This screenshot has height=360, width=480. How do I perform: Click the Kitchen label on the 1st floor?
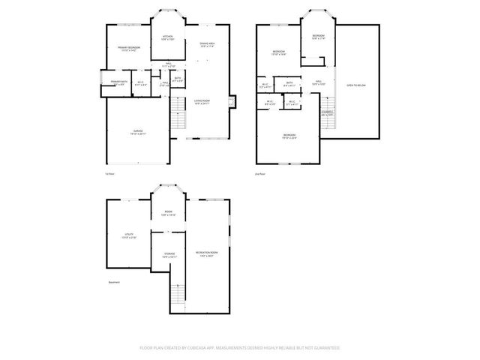click(168, 37)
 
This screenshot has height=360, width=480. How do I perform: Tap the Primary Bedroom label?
click(128, 49)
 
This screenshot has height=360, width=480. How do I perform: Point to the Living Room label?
click(202, 100)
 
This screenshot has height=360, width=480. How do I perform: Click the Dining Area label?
click(208, 44)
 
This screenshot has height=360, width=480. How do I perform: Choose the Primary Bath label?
click(118, 82)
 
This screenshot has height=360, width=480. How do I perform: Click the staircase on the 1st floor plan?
click(177, 115)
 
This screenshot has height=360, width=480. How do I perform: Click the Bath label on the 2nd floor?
click(289, 83)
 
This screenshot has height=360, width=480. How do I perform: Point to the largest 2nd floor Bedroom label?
click(289, 136)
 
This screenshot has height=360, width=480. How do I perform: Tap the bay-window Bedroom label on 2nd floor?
click(318, 37)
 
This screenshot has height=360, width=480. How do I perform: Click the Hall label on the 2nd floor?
click(318, 82)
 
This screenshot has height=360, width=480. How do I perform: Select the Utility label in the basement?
click(128, 235)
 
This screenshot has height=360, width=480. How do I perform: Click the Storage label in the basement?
click(169, 256)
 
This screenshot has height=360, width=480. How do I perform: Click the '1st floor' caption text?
click(109, 174)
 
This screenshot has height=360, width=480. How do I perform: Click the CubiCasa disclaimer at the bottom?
click(240, 348)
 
